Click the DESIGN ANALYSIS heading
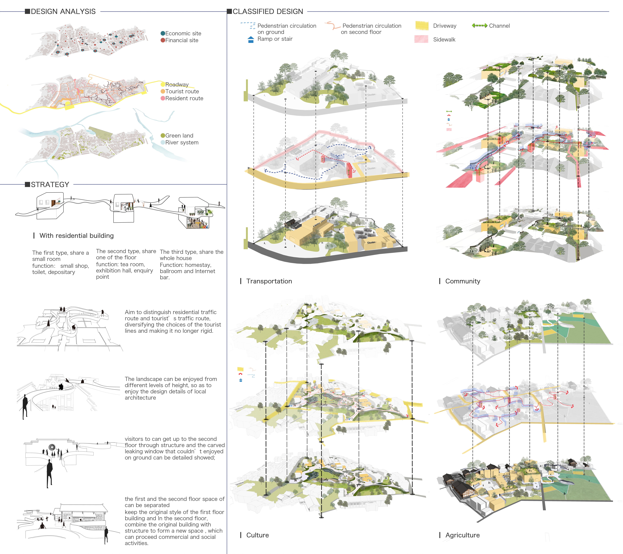point(63,12)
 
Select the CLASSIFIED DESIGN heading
point(268,12)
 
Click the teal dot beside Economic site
point(163,33)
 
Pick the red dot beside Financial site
point(163,40)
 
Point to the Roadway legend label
point(177,84)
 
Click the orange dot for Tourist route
point(163,91)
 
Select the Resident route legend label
point(184,98)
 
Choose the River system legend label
point(182,143)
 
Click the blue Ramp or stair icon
point(251,40)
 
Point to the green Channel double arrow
point(479,26)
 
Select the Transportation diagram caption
point(269,281)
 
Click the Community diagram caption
point(463,281)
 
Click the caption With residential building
point(77,236)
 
